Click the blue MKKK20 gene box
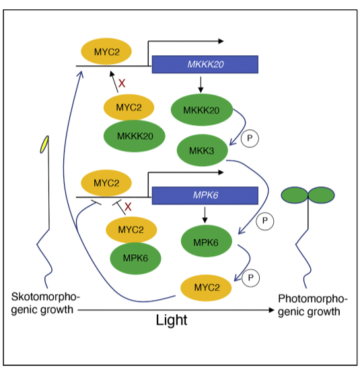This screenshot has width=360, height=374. (x=205, y=65)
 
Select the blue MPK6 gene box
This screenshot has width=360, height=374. (x=205, y=196)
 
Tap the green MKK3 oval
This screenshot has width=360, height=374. (x=203, y=150)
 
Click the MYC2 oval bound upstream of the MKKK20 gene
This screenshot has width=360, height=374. (x=106, y=51)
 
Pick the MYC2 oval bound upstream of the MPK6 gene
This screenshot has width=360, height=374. (x=106, y=183)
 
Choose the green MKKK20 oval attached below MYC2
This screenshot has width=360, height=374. (x=135, y=136)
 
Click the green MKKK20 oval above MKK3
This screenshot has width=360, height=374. (x=202, y=110)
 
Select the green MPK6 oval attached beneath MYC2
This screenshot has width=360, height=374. (x=135, y=258)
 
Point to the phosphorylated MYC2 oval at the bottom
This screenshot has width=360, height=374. (x=206, y=288)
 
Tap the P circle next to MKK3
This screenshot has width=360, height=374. (x=250, y=139)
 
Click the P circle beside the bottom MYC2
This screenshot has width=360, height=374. (x=250, y=278)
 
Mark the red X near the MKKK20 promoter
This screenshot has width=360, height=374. (x=122, y=83)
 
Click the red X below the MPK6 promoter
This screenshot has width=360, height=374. (x=128, y=207)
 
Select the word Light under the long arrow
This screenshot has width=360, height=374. (x=172, y=320)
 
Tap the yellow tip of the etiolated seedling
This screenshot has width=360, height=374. (x=44, y=145)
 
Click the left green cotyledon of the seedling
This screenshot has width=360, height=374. (x=295, y=195)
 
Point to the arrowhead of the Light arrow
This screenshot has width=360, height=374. (x=271, y=310)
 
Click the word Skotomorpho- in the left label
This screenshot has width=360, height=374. (x=45, y=297)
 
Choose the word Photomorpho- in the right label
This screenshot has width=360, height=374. (x=312, y=299)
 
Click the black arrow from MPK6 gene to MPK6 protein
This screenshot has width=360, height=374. (x=205, y=215)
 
